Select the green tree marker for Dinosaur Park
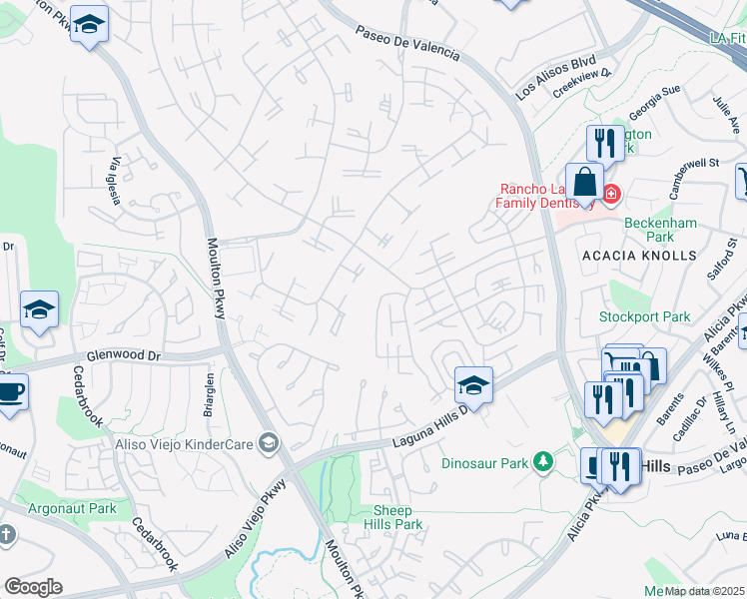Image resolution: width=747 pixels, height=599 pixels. (x=542, y=462)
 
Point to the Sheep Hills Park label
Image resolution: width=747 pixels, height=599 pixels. (x=392, y=516)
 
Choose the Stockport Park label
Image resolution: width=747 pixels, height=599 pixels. (x=644, y=316)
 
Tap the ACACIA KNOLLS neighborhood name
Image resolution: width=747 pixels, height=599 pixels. (x=639, y=256)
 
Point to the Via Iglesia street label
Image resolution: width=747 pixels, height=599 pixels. (x=116, y=181)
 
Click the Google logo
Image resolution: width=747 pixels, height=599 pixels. (x=33, y=587)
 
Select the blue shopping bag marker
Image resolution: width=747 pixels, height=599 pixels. (x=584, y=184)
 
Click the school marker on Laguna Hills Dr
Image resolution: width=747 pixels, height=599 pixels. (x=473, y=384)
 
